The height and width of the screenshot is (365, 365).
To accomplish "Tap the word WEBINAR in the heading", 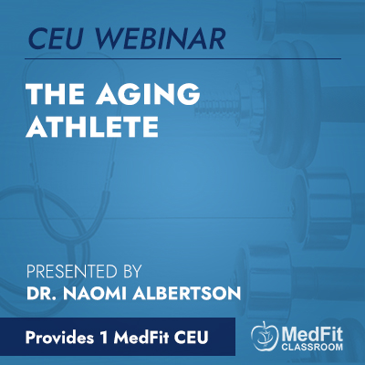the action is click(x=162, y=38).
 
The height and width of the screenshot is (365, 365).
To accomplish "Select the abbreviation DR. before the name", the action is click(x=39, y=294).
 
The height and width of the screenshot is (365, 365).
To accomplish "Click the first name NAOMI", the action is click(x=94, y=294).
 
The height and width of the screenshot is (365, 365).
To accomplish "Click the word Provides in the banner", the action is click(x=59, y=338).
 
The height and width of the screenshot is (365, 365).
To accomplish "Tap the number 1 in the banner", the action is click(x=104, y=338).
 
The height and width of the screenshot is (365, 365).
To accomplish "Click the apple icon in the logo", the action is click(x=265, y=335).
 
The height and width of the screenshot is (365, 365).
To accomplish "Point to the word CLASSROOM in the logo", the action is click(x=312, y=347).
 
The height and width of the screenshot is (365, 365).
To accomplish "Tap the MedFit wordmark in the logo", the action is click(x=312, y=334).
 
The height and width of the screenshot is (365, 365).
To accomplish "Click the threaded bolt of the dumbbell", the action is click(x=221, y=106).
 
